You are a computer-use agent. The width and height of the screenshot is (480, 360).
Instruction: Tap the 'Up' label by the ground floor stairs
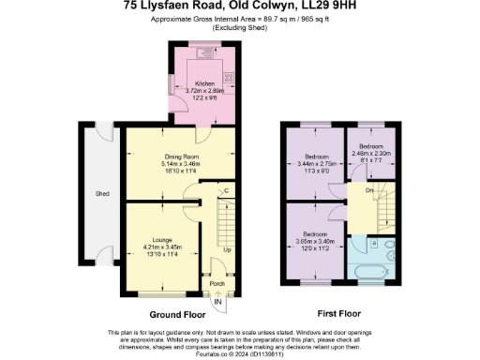(x=228, y=250)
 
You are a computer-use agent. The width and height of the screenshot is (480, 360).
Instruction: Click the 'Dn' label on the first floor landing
(x=370, y=190)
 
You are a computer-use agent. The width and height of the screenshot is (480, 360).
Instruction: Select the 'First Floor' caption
(x=339, y=315)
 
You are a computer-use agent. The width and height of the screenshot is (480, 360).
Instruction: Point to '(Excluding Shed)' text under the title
(x=239, y=28)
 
